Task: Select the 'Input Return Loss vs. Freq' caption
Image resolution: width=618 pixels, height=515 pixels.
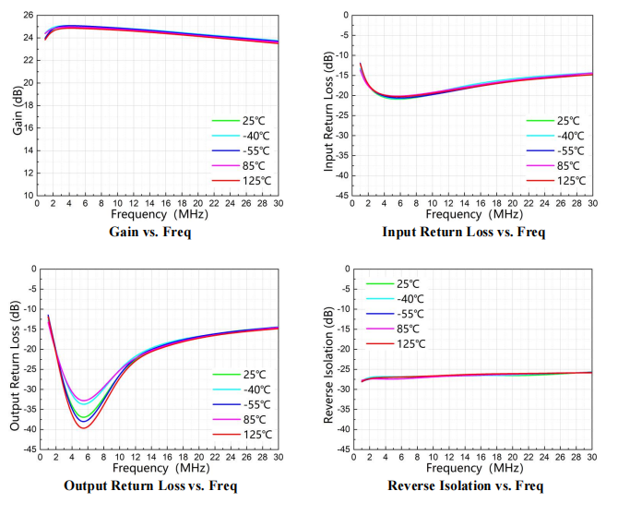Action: [463, 232]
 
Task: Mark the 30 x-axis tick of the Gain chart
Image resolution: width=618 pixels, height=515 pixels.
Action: [277, 204]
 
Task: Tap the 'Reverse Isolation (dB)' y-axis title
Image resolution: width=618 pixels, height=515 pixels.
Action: [327, 359]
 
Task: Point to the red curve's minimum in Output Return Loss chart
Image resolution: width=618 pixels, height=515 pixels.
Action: [84, 428]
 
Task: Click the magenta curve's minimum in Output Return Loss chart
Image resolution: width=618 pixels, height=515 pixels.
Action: [84, 401]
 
